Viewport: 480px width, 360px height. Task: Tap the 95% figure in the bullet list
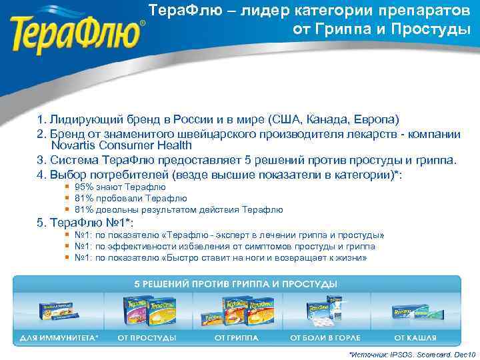point(83,187)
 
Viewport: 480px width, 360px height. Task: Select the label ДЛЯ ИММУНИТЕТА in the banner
point(57,338)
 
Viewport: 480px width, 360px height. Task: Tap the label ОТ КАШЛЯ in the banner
point(414,338)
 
